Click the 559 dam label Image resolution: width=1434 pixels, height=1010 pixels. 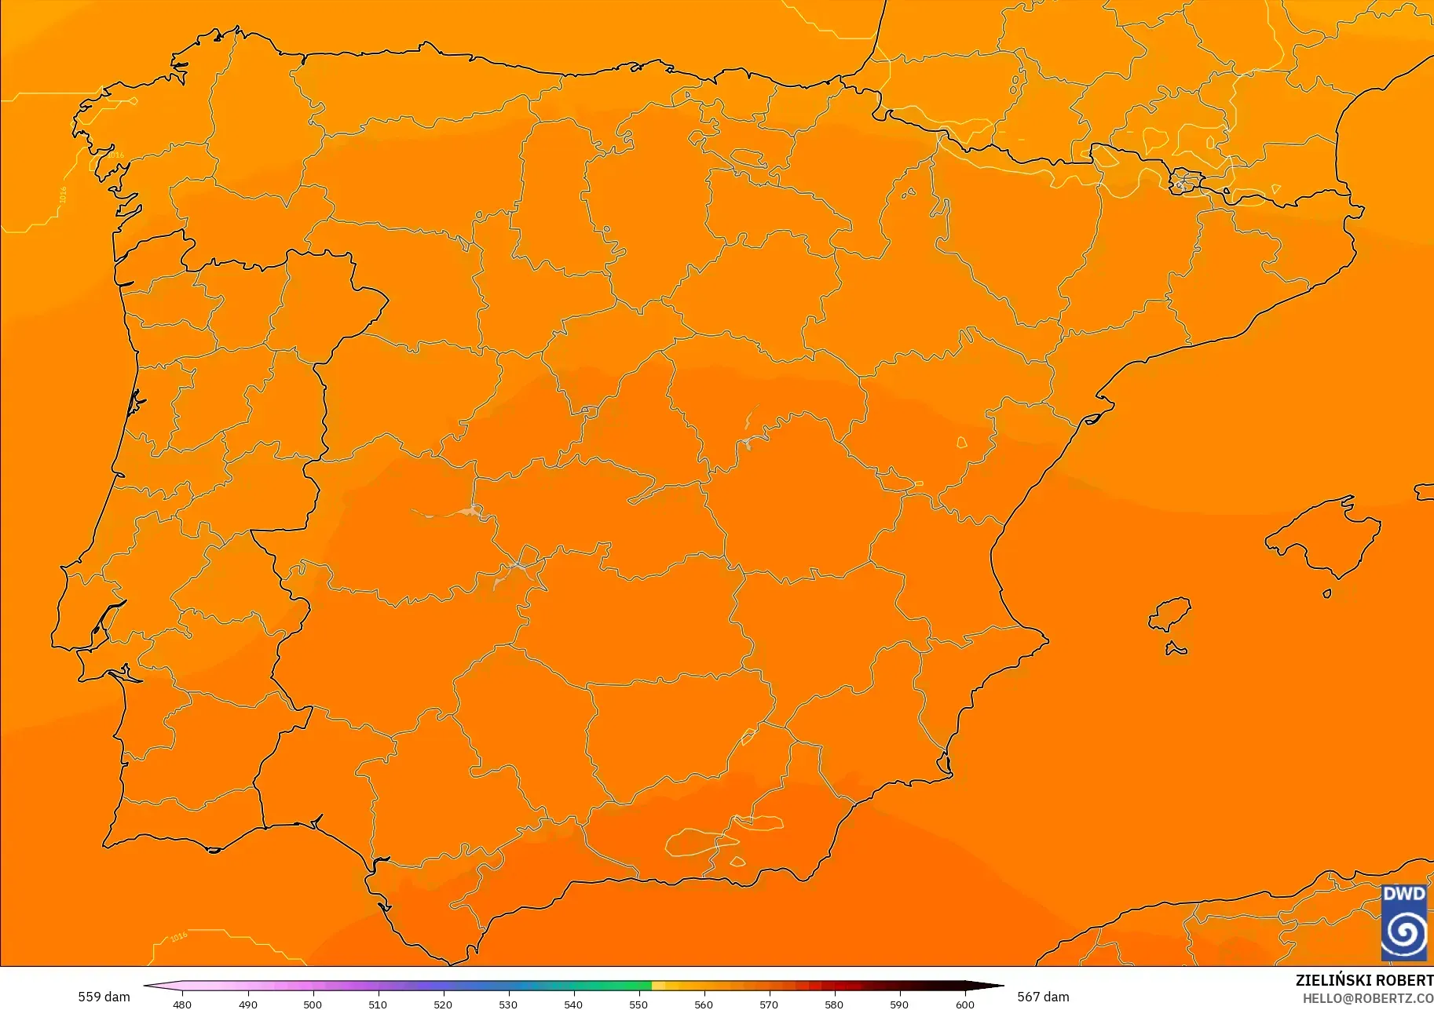(104, 997)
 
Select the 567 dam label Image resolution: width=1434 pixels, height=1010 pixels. (1043, 997)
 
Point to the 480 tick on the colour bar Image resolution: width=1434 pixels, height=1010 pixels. (182, 1004)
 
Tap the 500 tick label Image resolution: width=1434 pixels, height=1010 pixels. (313, 1004)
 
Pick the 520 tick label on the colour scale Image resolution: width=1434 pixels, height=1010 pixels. (443, 1004)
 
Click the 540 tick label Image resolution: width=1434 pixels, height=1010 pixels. (573, 1004)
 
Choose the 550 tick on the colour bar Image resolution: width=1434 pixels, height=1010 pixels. (638, 1004)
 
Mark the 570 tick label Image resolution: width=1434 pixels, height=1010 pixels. (769, 1004)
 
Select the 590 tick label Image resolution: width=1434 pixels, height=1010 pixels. (899, 1004)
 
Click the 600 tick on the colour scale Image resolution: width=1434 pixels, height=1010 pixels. (964, 1004)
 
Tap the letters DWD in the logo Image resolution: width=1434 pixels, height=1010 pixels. (1404, 895)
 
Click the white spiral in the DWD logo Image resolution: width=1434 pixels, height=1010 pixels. (1404, 933)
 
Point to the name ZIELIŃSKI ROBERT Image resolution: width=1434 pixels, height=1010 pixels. (1364, 980)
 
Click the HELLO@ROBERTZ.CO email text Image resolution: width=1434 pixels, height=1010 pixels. (1367, 998)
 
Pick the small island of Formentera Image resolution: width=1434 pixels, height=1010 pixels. (1175, 649)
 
